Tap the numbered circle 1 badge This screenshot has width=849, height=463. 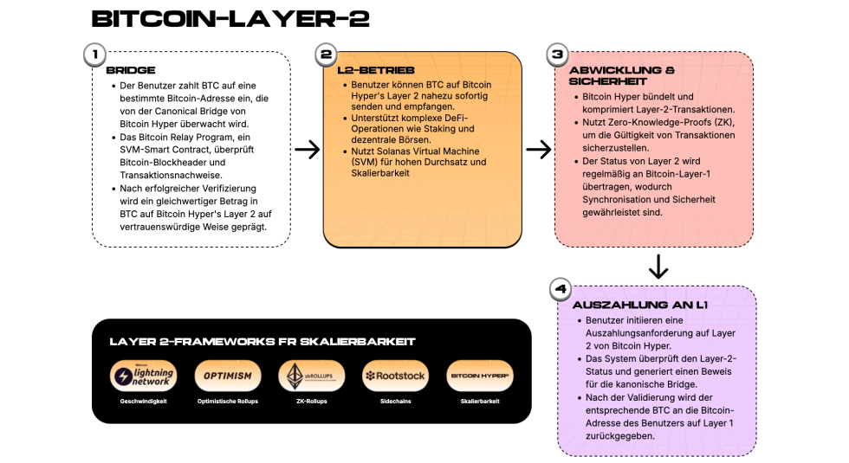pos(94,55)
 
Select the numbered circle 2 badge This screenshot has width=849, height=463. pos(327,55)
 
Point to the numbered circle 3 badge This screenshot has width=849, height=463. pos(557,55)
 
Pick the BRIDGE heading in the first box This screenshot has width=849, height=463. pos(131,69)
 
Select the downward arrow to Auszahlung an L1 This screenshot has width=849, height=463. pos(658,266)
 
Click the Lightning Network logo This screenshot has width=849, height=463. pos(144,376)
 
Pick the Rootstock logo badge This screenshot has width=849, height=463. pos(396,376)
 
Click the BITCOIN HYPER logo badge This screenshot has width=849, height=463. pos(479,376)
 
